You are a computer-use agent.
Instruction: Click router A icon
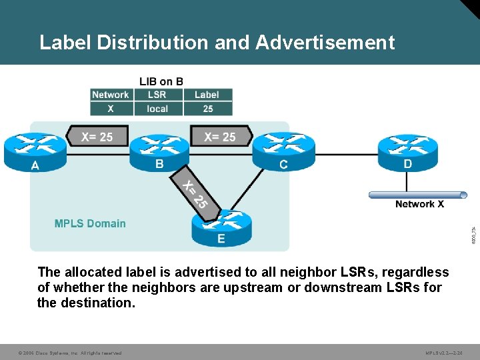[34, 149]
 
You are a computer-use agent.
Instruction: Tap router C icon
[283, 149]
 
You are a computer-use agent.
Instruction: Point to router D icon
[407, 149]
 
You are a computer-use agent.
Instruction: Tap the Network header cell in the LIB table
[111, 95]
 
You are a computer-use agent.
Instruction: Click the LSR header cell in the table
[157, 95]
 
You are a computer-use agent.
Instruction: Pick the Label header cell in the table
[207, 95]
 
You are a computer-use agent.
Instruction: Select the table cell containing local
[157, 109]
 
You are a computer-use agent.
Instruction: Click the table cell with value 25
[207, 109]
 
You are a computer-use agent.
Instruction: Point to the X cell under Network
[111, 109]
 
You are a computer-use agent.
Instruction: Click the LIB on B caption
[161, 82]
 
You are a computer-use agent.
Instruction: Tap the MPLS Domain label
[90, 223]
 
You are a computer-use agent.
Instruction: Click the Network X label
[419, 205]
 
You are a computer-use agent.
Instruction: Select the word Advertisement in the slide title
[325, 43]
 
